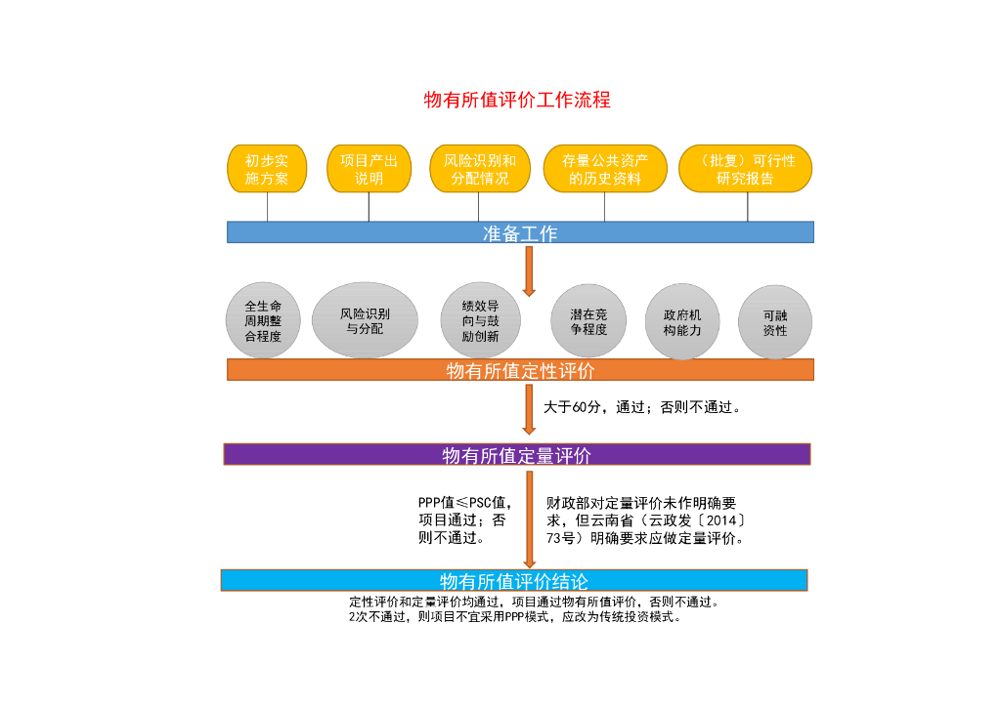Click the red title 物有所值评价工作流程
tap(517, 100)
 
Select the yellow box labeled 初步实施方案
tap(267, 169)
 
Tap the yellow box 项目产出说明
tap(369, 169)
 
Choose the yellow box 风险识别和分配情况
tap(479, 169)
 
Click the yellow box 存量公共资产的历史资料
tap(605, 169)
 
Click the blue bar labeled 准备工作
tap(520, 232)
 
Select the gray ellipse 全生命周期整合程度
tap(263, 320)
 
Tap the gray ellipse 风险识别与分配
tap(365, 320)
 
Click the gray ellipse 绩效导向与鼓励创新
tap(480, 320)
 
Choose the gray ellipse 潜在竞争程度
tap(588, 321)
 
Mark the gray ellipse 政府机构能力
tap(681, 321)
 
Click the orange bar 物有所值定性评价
tap(520, 370)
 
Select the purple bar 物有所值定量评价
tap(517, 455)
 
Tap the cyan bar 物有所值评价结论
tap(514, 581)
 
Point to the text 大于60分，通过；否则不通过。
tap(642, 407)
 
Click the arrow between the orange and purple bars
tap(529, 410)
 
